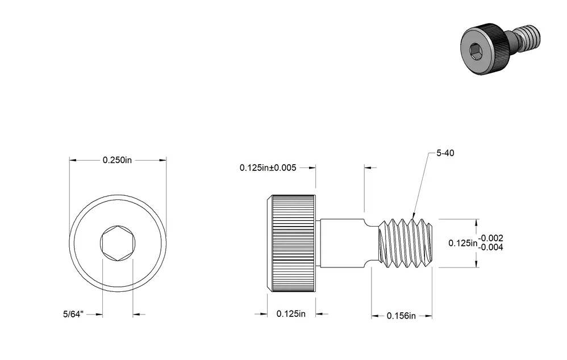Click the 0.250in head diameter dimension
117,160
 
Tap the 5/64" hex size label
73,314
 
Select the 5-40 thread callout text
445,153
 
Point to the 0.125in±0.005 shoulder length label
268,168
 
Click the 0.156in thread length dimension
401,316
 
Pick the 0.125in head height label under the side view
291,314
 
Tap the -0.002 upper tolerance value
491,238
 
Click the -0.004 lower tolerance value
491,247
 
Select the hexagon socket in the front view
118,243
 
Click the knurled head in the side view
291,243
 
